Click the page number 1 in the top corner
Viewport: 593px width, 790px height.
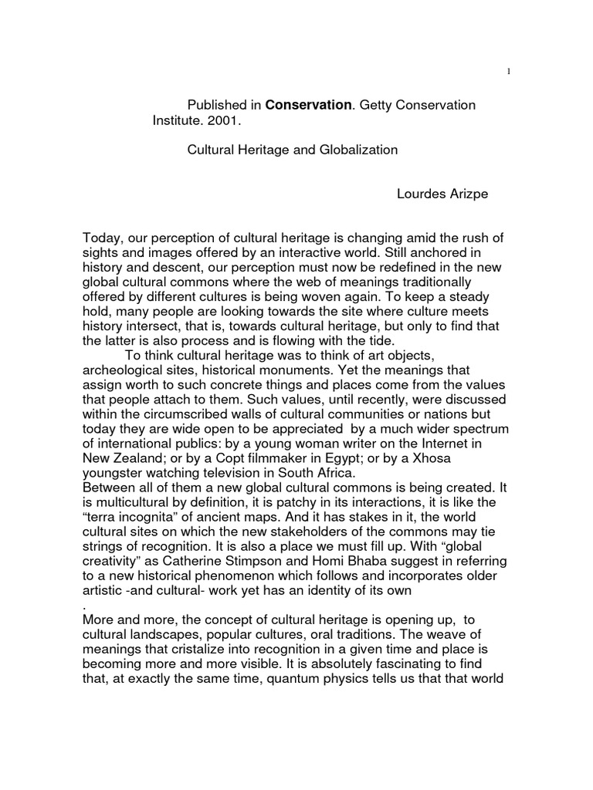[508, 72]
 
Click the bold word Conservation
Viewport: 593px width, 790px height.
[308, 104]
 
